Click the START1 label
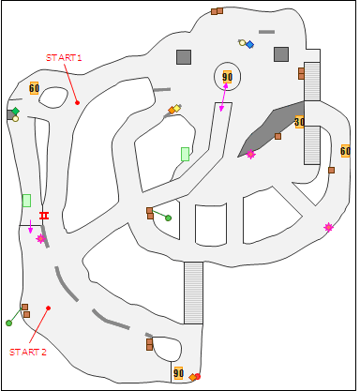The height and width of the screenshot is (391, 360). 64,58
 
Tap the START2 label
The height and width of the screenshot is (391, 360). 28,352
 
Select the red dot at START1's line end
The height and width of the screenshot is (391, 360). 77,102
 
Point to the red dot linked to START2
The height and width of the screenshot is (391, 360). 48,308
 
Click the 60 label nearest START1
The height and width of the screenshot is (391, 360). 34,88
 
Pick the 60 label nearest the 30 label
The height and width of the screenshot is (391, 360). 345,150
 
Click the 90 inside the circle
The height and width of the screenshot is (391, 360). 227,77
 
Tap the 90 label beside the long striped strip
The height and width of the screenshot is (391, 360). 178,373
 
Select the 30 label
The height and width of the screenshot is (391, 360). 299,122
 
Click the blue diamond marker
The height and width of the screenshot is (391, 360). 249,44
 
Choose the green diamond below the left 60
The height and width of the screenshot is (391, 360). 15,112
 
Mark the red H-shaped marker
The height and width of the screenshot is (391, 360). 43,216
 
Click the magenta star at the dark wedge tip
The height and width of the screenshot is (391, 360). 251,154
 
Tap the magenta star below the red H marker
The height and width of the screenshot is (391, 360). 40,238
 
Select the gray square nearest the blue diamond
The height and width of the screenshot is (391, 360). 280,54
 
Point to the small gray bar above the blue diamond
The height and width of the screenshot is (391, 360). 266,32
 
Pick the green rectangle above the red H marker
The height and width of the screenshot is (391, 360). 26,200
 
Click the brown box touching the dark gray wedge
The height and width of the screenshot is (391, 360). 277,136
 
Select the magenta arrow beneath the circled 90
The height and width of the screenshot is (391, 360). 224,98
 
